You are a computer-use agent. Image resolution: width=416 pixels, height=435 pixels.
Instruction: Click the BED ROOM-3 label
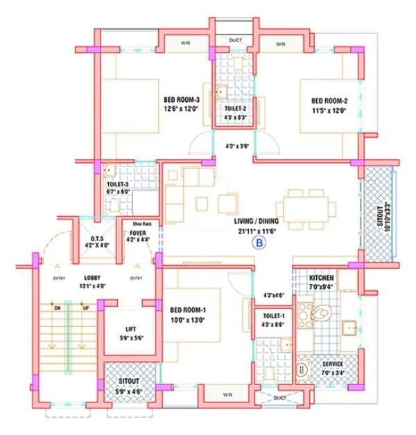coord(182,99)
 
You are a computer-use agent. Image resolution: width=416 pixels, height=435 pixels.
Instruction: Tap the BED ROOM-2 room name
coord(329,100)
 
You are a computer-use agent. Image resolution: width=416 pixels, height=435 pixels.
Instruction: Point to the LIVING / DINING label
coord(258,221)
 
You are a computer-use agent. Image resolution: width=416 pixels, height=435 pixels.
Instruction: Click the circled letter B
coord(259,243)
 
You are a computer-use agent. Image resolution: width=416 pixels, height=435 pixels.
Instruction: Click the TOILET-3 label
coord(119,184)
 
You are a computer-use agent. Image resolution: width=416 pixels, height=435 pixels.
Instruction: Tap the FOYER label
coord(138,233)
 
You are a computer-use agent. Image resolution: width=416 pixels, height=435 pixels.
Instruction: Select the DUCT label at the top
coord(235,41)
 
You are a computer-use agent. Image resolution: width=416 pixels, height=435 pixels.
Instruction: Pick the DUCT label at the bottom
coord(278,398)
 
